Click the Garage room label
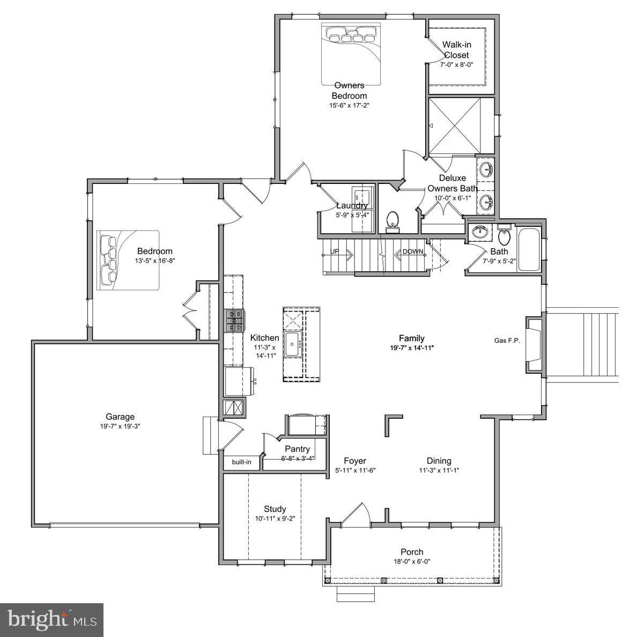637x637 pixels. pyautogui.click(x=120, y=417)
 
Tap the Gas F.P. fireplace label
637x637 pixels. pyautogui.click(x=507, y=340)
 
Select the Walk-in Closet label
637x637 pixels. pyautogui.click(x=456, y=50)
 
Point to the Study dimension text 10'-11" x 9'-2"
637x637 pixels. pyautogui.click(x=275, y=519)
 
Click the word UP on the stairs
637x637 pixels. pyautogui.click(x=335, y=251)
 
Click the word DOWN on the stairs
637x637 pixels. pyautogui.click(x=413, y=251)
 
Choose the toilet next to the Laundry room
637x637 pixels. pyautogui.click(x=393, y=220)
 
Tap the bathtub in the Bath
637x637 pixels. pyautogui.click(x=529, y=250)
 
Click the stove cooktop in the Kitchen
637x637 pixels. pyautogui.click(x=234, y=321)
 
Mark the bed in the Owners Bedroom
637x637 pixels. pyautogui.click(x=351, y=54)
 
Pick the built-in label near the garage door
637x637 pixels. pyautogui.click(x=241, y=462)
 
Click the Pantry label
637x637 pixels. pyautogui.click(x=297, y=449)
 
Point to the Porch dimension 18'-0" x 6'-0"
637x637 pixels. pyautogui.click(x=412, y=561)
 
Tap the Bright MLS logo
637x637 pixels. pyautogui.click(x=52, y=620)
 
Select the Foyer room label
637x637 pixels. pyautogui.click(x=355, y=461)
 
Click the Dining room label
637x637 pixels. pyautogui.click(x=439, y=461)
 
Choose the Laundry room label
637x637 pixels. pyautogui.click(x=352, y=206)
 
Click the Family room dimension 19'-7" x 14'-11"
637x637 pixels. pyautogui.click(x=412, y=347)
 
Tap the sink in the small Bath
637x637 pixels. pyautogui.click(x=480, y=233)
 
